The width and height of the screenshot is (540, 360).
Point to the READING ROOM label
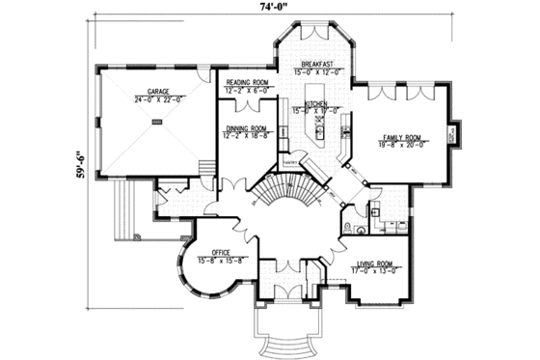coord(248,83)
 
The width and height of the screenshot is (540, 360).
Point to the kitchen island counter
coord(317,124)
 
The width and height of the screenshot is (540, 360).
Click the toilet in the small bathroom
coord(358,231)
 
